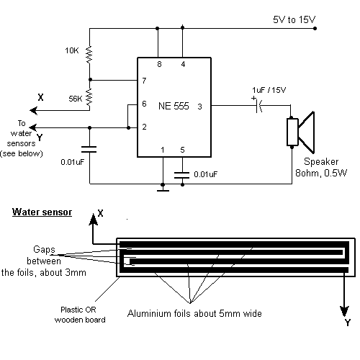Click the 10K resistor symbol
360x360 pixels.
pos(89,55)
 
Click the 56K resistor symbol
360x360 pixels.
pos(89,97)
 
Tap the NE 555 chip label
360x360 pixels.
pos(174,106)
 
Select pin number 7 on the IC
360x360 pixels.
pos(144,81)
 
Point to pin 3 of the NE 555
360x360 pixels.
pos(199,107)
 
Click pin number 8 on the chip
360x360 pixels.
pos(159,64)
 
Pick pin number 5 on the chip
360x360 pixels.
pos(182,150)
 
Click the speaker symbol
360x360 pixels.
pos(300,132)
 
